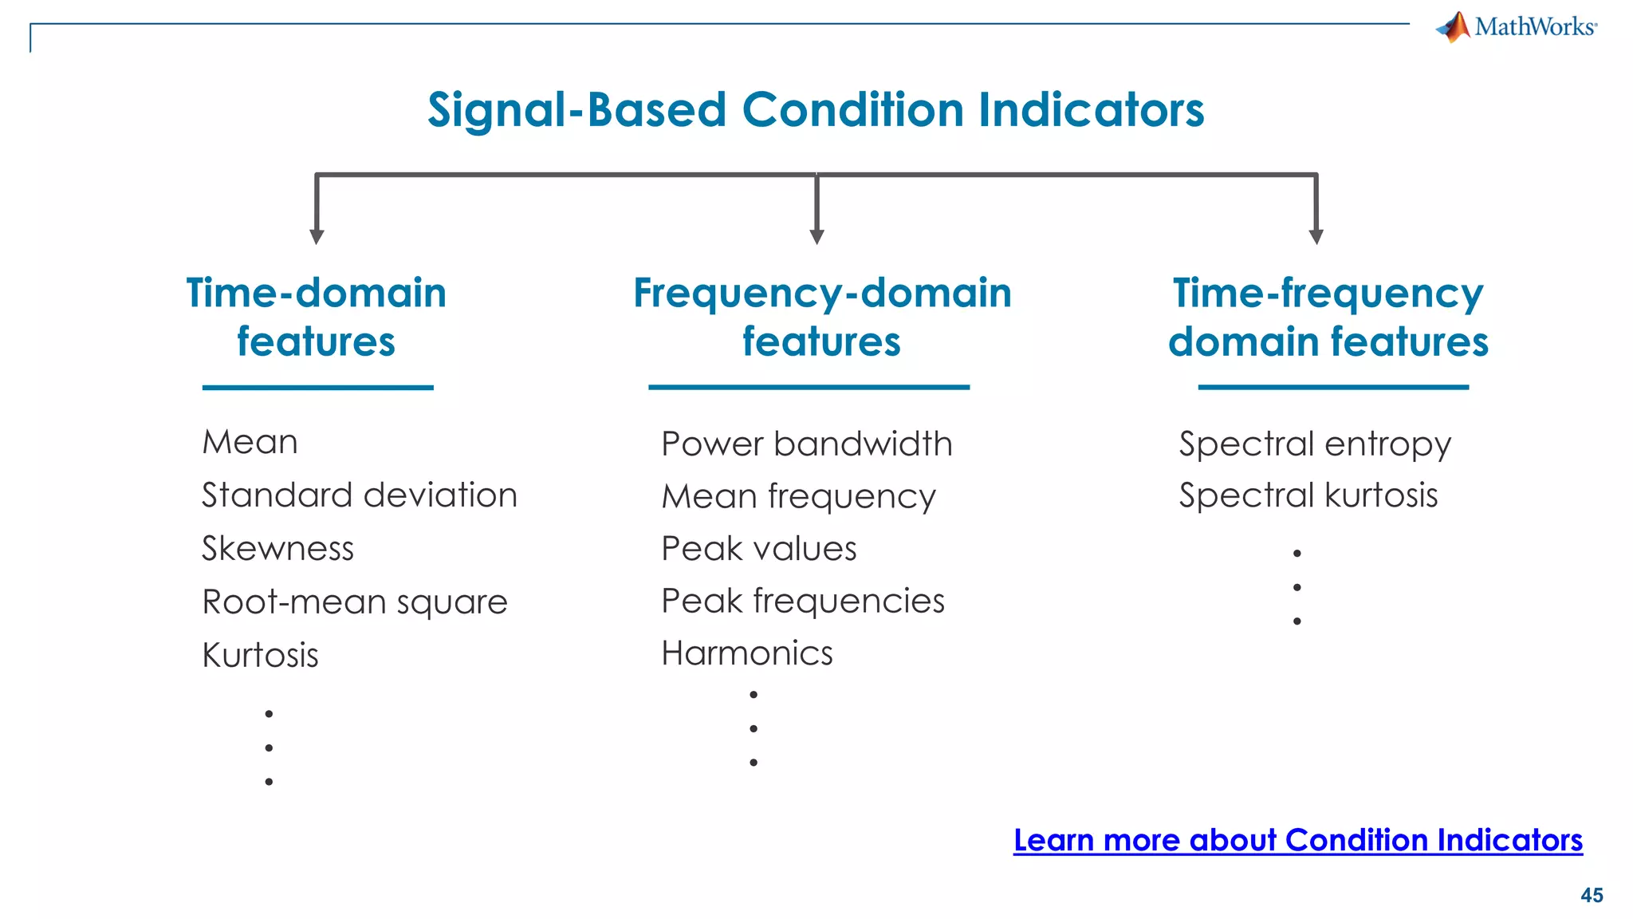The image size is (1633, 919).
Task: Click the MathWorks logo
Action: pos(1516,27)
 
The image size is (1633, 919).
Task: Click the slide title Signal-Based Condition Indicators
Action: pos(816,109)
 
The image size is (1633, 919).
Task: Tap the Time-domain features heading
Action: pos(317,317)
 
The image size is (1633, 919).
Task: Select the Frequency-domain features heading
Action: pos(822,317)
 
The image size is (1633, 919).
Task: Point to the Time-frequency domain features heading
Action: pos(1328,317)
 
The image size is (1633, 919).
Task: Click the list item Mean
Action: pos(250,442)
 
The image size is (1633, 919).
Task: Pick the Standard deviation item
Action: pos(360,495)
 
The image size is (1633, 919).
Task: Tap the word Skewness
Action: pos(277,549)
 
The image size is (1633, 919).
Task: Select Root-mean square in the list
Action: pos(355,602)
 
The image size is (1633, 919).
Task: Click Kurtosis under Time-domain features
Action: pos(260,656)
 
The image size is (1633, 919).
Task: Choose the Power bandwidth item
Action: pos(807,444)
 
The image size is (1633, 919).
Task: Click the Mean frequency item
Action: pos(798,497)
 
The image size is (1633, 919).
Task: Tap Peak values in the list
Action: pos(759,549)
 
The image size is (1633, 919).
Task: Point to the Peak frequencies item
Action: pos(803,601)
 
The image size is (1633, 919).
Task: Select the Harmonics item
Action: pos(747,653)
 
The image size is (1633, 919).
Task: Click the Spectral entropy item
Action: pos(1315,444)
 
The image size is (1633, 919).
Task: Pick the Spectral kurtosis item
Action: pos(1308,495)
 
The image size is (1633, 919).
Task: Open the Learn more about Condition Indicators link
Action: pos(1297,840)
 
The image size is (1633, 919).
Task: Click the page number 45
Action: pos(1592,895)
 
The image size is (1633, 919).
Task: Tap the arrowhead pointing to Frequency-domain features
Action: pos(816,236)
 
